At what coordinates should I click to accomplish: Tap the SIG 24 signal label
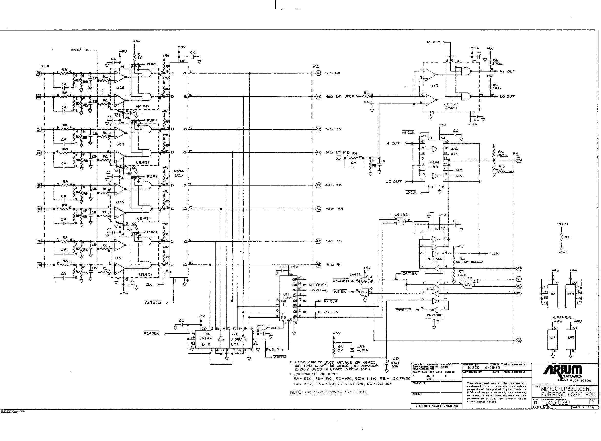(x=332, y=73)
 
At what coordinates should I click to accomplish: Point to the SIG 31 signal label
(x=334, y=265)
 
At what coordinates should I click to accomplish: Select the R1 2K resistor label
(x=140, y=56)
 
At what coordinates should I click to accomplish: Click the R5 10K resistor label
(x=340, y=348)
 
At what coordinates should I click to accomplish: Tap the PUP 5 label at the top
(x=433, y=42)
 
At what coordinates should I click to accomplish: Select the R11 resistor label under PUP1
(x=568, y=237)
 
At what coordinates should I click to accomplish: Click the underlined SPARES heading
(x=562, y=317)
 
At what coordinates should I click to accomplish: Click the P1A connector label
(x=45, y=66)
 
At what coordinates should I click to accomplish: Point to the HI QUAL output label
(x=318, y=285)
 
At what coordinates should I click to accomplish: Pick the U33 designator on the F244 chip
(x=434, y=167)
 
